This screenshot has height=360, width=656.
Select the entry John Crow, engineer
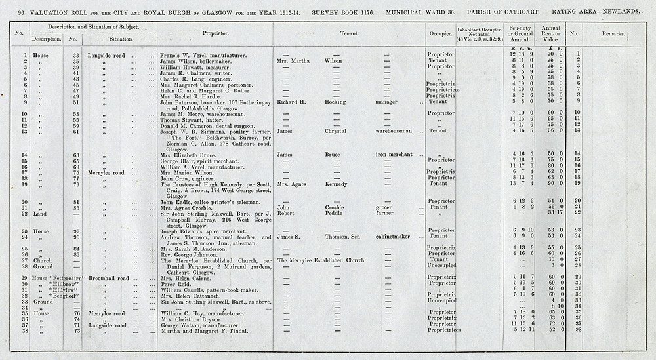click(185, 178)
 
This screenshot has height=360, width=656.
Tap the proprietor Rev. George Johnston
click(188, 254)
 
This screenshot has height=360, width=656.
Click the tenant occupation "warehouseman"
click(394, 131)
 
